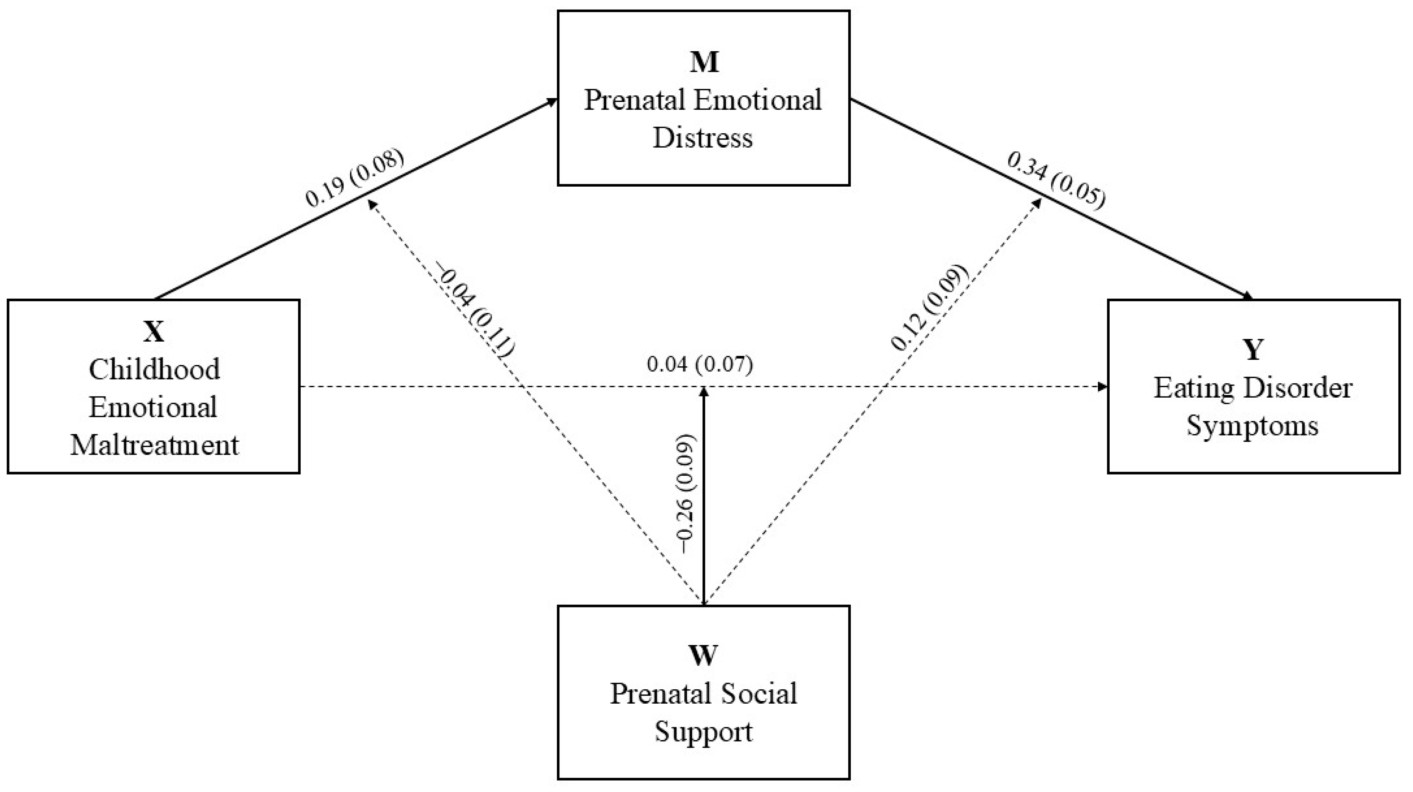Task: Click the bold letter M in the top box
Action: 704,63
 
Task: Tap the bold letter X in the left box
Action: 154,332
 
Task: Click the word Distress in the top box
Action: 703,138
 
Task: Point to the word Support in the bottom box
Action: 703,731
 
